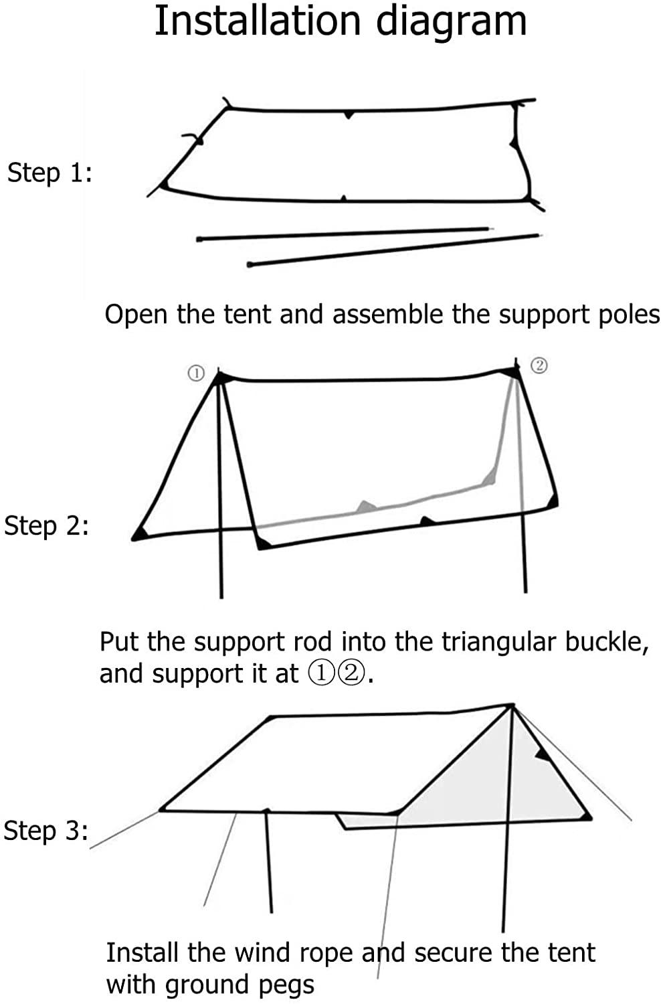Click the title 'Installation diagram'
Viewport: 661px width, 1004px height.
pyautogui.click(x=341, y=21)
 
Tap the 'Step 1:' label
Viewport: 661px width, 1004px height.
pyautogui.click(x=50, y=173)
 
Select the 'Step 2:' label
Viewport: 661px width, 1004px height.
pyautogui.click(x=46, y=525)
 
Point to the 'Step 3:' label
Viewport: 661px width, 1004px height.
pyautogui.click(x=45, y=831)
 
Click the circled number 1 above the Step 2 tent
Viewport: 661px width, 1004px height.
pyautogui.click(x=195, y=373)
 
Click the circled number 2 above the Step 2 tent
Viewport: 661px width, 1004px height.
pyautogui.click(x=539, y=365)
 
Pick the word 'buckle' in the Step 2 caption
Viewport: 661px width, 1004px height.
pyautogui.click(x=605, y=642)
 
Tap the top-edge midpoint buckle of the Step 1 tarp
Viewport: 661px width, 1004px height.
pyautogui.click(x=347, y=114)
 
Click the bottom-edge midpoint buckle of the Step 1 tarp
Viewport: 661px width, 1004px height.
pyautogui.click(x=343, y=198)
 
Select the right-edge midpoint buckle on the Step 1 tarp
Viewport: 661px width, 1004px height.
pyautogui.click(x=514, y=141)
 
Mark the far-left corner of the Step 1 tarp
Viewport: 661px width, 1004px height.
pyautogui.click(x=163, y=185)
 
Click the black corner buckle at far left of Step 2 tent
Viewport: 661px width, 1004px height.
pyautogui.click(x=138, y=533)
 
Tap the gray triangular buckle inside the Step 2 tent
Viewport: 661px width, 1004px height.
pyautogui.click(x=365, y=507)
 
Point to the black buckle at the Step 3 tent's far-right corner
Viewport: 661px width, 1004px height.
pyautogui.click(x=586, y=816)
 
